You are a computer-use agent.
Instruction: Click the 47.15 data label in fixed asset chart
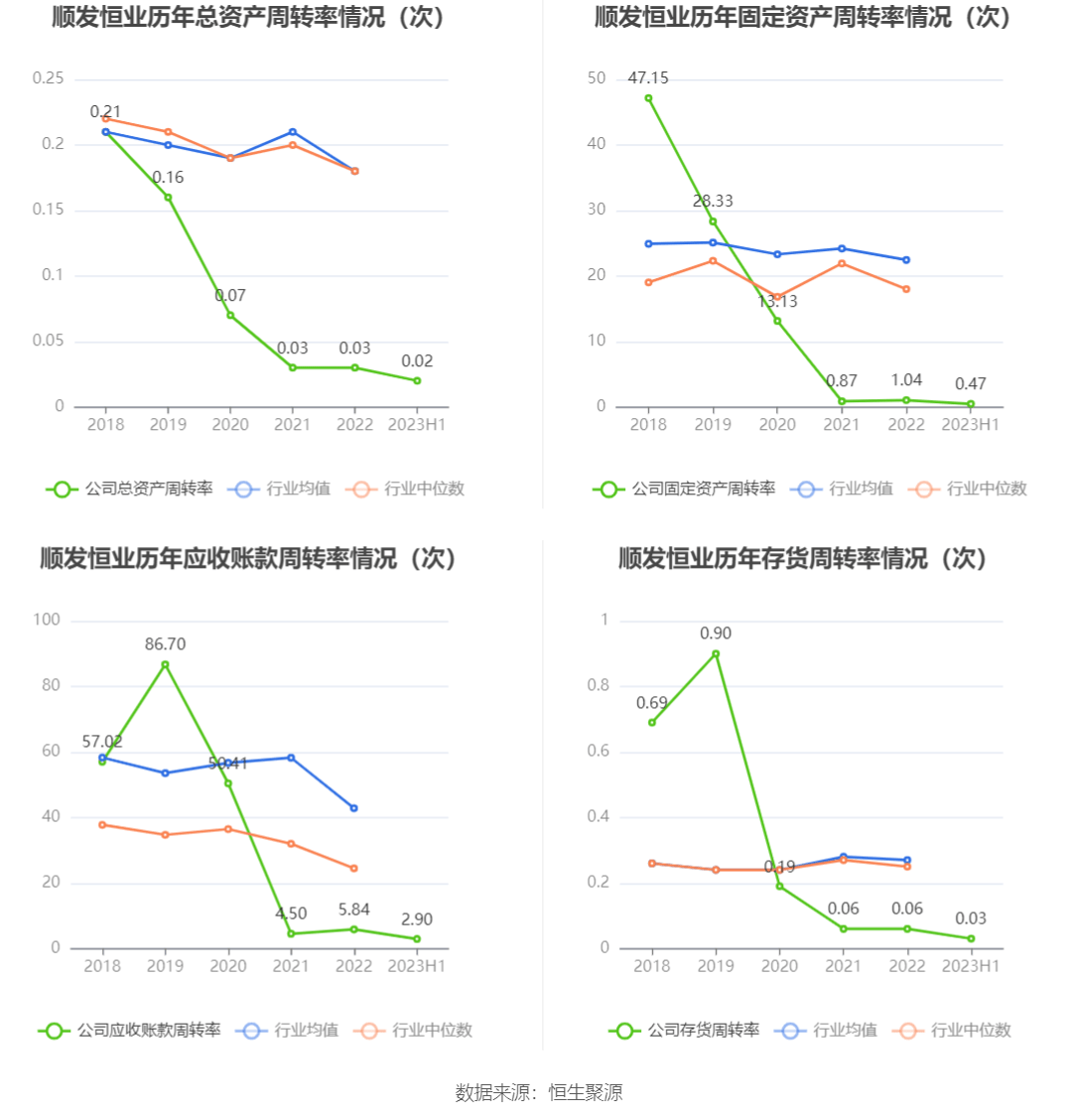648,77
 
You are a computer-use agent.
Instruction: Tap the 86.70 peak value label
165,644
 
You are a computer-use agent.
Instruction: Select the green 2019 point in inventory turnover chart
715,653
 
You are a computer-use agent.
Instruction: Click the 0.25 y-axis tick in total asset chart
48,78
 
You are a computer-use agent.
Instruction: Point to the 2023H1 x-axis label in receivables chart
417,966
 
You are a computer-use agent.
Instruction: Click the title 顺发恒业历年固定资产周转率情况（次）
802,17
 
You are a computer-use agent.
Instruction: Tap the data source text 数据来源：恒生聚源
539,1092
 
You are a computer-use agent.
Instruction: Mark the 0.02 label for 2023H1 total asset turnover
417,361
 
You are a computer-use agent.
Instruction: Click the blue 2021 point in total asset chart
292,132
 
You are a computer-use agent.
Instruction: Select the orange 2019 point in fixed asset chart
713,260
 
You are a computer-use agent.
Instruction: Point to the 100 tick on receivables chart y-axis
48,620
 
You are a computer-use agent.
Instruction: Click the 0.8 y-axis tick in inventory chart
598,685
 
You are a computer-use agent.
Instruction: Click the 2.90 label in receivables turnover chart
417,919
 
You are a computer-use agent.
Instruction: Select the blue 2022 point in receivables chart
353,808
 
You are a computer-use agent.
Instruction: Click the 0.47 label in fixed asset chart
970,384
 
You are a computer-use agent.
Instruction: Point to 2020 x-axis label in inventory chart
778,966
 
